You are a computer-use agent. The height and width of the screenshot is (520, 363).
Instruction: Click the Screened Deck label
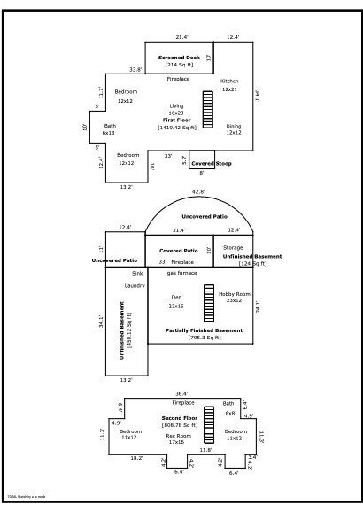[x=178, y=58]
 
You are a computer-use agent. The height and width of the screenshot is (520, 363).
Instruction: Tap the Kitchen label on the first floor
[x=229, y=81]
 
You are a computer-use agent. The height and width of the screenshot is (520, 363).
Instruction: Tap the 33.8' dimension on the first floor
[x=135, y=69]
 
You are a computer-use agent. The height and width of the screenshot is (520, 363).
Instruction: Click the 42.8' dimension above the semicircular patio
[x=181, y=191]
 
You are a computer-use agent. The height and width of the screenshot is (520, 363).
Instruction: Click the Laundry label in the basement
[x=134, y=285]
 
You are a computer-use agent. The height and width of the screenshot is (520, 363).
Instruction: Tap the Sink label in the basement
[x=137, y=273]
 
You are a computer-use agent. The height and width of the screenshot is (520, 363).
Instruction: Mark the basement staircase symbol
[x=208, y=302]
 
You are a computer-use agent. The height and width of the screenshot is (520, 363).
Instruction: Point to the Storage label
[x=233, y=247]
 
